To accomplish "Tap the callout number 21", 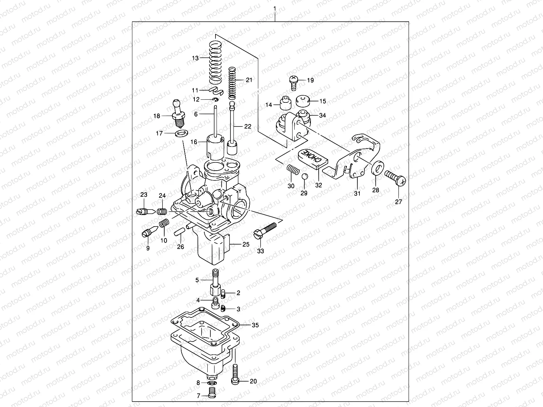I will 249,80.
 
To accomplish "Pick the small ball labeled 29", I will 305,176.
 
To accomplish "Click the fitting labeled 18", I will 179,112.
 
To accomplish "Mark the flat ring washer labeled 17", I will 181,132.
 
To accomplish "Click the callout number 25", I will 246,244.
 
